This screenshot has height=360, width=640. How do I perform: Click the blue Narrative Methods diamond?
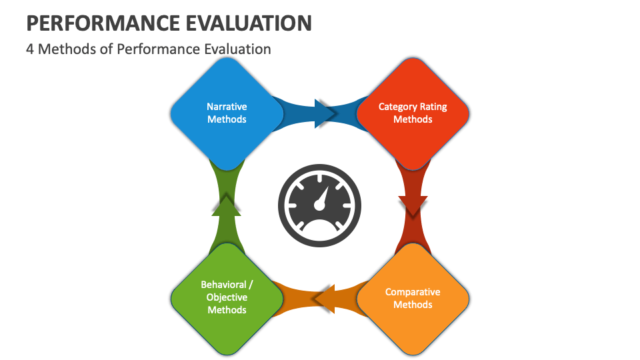(x=227, y=113)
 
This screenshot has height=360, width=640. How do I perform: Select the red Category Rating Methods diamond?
(x=413, y=113)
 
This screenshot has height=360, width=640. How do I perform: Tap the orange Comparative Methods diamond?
(x=413, y=299)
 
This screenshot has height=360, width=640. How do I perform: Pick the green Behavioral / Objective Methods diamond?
(x=227, y=299)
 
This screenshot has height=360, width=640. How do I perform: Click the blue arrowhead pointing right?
(x=325, y=113)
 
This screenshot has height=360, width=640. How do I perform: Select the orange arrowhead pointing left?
(x=325, y=299)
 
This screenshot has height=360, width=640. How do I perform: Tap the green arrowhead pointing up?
(x=227, y=206)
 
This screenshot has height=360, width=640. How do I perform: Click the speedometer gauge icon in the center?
(x=319, y=205)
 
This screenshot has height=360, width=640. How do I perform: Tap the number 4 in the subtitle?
(x=30, y=49)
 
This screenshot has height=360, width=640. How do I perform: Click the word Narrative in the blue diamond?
(x=227, y=107)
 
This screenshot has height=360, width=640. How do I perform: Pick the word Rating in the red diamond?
(x=433, y=107)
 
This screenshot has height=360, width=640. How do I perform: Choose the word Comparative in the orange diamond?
(x=413, y=292)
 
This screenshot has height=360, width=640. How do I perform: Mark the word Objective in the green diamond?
(x=227, y=297)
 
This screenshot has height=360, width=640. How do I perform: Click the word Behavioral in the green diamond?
(x=224, y=285)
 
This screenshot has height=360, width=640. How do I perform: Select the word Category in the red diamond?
(x=398, y=107)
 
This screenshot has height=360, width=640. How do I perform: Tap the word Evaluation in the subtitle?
(x=237, y=49)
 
